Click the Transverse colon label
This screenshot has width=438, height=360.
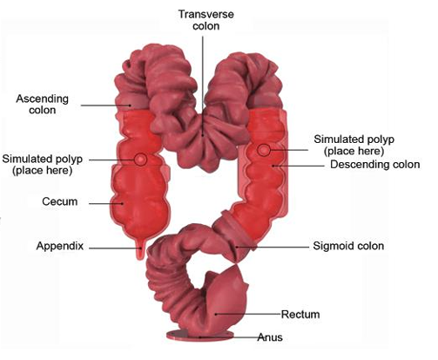(x=206, y=20)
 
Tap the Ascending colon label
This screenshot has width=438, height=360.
(x=42, y=104)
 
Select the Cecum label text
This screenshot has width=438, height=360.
(x=60, y=201)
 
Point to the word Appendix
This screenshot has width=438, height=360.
(x=60, y=246)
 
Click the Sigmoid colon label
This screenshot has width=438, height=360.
(x=348, y=246)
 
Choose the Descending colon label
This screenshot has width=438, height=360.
(x=375, y=165)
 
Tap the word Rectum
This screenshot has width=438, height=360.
(x=300, y=315)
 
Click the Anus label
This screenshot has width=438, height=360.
(x=270, y=337)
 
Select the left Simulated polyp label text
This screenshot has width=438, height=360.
(x=43, y=165)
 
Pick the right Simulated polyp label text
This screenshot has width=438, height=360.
(x=354, y=145)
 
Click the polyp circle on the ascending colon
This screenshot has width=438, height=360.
(x=141, y=160)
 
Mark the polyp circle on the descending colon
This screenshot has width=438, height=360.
(x=264, y=150)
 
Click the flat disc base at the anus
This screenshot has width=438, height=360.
(x=199, y=336)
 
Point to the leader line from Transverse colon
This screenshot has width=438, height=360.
(x=203, y=86)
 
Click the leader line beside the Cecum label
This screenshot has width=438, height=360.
(x=106, y=203)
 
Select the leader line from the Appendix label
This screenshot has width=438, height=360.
(x=116, y=248)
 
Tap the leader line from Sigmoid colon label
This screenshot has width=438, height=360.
(x=273, y=248)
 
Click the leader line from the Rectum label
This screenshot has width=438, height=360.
(x=248, y=314)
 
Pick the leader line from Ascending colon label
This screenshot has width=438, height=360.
(x=105, y=105)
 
